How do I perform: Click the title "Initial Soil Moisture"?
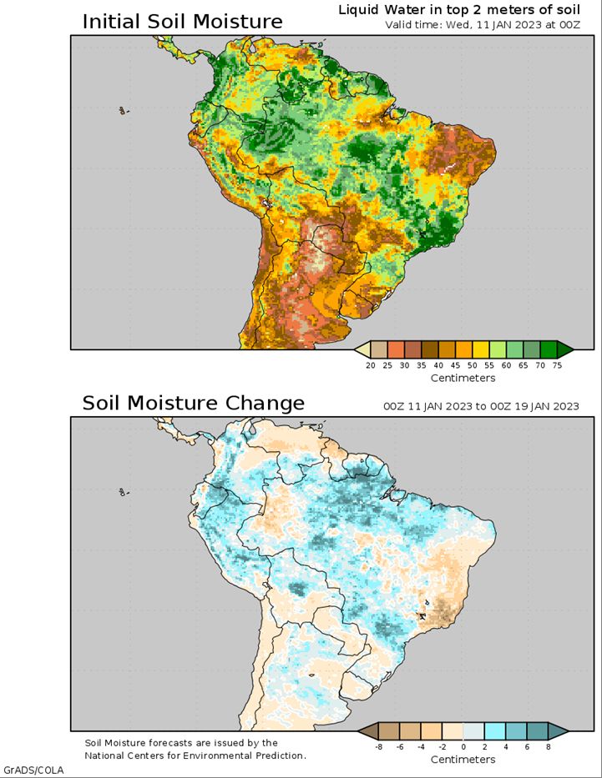[182, 22]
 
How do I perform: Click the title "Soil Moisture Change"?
[193, 403]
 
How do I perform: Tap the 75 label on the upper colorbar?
[557, 365]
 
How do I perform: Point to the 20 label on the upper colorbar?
[371, 365]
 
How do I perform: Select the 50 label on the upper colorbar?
[473, 365]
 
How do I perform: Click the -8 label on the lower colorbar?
[378, 746]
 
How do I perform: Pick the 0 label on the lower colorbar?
[463, 746]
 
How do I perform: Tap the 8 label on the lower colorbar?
[549, 746]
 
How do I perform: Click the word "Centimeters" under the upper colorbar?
[463, 378]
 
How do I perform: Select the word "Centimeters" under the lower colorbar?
[463, 760]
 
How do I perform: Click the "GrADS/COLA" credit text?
[33, 770]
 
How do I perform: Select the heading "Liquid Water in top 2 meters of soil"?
[459, 10]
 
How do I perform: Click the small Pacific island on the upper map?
[123, 111]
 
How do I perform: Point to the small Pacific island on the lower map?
[123, 492]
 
